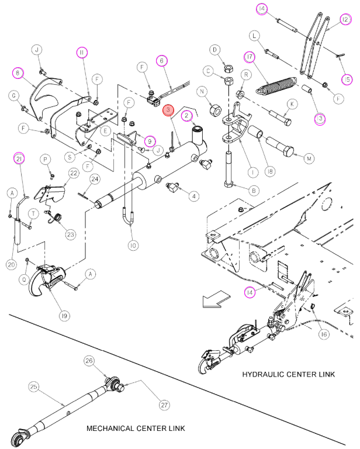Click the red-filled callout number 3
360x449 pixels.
coord(168,110)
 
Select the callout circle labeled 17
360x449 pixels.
coord(250,57)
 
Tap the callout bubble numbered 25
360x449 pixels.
coord(34,386)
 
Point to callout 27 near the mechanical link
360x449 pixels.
coord(164,405)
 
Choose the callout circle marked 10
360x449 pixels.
coord(133,246)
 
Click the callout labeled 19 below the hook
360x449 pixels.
coord(64,316)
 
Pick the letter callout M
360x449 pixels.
coord(309,158)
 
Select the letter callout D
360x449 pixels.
coord(214,50)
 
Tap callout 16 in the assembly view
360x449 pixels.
coord(324,334)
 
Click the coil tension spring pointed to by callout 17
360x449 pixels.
coord(276,85)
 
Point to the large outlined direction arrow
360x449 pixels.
coord(216,299)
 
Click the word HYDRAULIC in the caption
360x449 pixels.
coord(263,374)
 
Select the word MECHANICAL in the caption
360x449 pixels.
coord(111,429)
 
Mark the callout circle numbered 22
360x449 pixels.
coord(74,173)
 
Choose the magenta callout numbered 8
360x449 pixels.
coord(18,73)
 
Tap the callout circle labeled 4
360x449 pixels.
coord(194,196)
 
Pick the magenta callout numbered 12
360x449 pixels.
coord(346,19)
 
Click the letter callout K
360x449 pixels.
coord(292,104)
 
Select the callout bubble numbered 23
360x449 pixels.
coord(70,234)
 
